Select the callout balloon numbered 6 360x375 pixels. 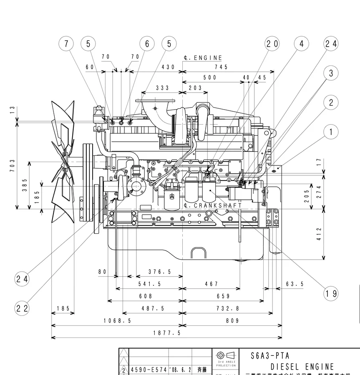click(x=147, y=43)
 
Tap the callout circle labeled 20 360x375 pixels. click(x=272, y=43)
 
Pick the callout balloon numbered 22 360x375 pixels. click(x=22, y=308)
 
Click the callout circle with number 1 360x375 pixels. click(x=331, y=132)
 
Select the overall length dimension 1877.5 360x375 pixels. click(x=166, y=333)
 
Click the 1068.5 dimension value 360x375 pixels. click(x=117, y=320)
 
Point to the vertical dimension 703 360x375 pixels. click(x=13, y=165)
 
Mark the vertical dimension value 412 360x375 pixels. click(x=319, y=234)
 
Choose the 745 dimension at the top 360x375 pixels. click(x=221, y=67)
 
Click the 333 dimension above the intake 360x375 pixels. click(x=162, y=88)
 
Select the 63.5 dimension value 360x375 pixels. click(x=295, y=284)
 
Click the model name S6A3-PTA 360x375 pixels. click(x=270, y=356)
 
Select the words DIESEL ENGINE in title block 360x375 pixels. click(x=302, y=367)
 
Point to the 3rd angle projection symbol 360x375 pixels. click(x=226, y=356)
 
